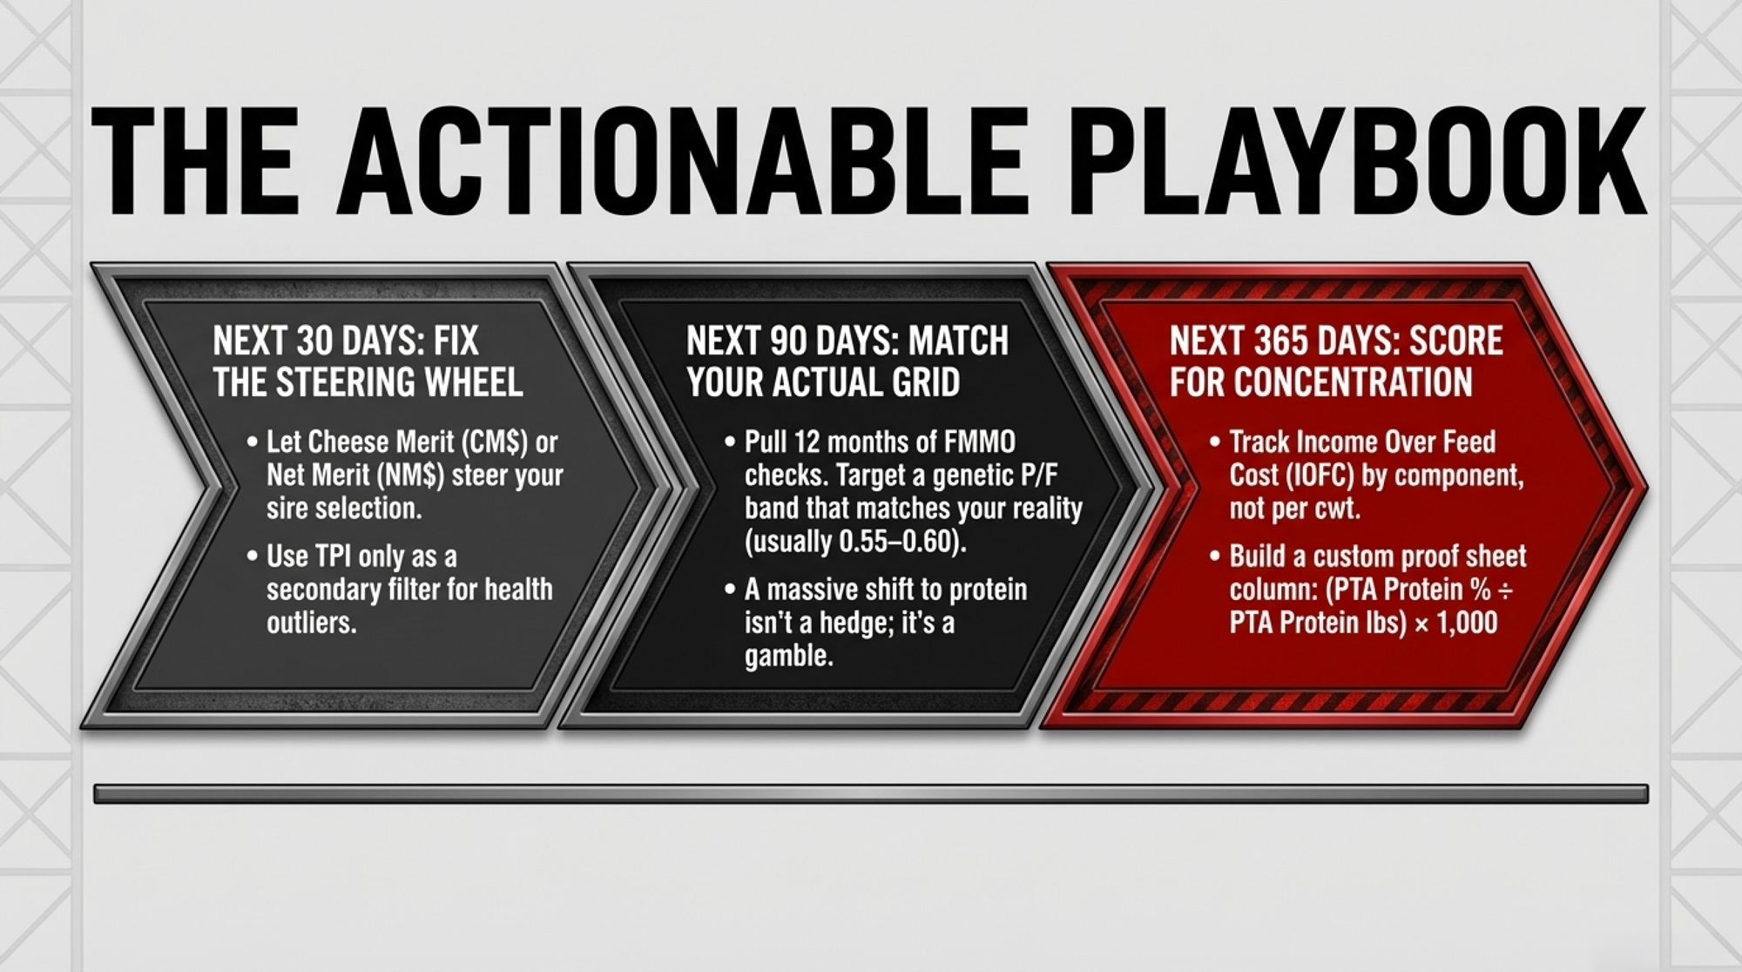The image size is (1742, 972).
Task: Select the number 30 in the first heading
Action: tap(314, 341)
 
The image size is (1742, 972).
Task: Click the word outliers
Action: tap(312, 623)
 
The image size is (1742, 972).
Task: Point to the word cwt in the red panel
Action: tap(1336, 509)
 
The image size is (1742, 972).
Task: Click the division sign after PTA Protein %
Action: tap(1504, 591)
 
